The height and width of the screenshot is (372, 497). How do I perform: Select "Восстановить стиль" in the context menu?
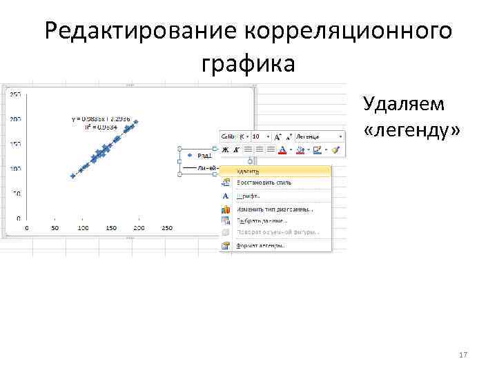pyautogui.click(x=264, y=183)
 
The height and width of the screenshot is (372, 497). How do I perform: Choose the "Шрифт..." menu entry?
pyautogui.click(x=248, y=196)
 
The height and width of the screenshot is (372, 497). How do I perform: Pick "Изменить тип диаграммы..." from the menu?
pyautogui.click(x=274, y=209)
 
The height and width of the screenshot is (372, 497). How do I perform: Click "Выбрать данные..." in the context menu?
pyautogui.click(x=262, y=220)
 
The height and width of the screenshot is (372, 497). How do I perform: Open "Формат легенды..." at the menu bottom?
pyautogui.click(x=261, y=245)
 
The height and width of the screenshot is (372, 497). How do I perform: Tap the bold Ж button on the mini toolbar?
pyautogui.click(x=225, y=149)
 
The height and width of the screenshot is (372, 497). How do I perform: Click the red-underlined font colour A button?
pyautogui.click(x=282, y=149)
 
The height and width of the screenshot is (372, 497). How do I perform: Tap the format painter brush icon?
pyautogui.click(x=336, y=149)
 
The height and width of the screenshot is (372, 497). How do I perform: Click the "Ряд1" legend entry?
pyautogui.click(x=206, y=156)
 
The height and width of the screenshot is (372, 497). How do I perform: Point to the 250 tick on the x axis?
pyautogui.click(x=166, y=227)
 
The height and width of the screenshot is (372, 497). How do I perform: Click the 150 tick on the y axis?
pyautogui.click(x=15, y=144)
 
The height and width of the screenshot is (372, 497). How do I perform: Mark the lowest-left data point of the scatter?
pyautogui.click(x=72, y=176)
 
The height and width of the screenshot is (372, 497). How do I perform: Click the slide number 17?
pyautogui.click(x=463, y=355)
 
